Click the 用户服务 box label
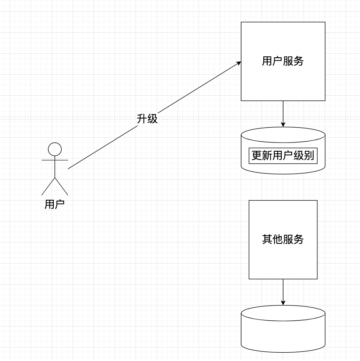283,61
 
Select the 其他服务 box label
283,240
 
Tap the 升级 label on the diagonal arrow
147,118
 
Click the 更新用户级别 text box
283,156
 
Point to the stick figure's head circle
55,149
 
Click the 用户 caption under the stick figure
55,204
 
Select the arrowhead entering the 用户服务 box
238,63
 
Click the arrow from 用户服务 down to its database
283,113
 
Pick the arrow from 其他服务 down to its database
283,291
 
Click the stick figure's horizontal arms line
55,160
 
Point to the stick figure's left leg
48,186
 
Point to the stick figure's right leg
62,186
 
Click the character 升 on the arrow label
142,118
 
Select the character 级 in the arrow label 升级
152,118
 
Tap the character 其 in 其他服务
267,240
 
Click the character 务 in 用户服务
299,61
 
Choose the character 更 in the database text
256,156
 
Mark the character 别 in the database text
309,156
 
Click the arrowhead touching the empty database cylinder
283,303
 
